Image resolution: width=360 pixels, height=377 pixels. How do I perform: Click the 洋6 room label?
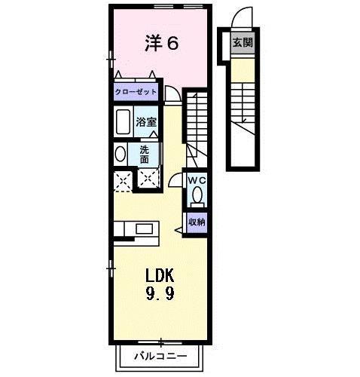(160, 44)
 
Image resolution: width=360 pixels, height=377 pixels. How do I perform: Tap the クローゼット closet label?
(136, 91)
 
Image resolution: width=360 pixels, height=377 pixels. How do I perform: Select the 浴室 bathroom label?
(145, 121)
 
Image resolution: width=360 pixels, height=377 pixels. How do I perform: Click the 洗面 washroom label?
(145, 154)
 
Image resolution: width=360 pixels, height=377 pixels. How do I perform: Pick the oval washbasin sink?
(121, 154)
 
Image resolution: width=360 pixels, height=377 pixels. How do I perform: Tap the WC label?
(197, 180)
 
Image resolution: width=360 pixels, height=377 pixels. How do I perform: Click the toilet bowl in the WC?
(197, 196)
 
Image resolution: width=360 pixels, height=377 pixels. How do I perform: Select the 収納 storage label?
(197, 222)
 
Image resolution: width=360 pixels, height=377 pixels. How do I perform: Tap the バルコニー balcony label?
(160, 355)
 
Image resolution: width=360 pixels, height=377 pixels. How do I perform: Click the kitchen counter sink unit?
(136, 228)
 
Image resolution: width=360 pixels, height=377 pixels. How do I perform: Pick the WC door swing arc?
(175, 182)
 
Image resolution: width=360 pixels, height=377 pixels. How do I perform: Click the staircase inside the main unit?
(197, 121)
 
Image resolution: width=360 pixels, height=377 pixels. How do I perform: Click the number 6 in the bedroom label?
(172, 44)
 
